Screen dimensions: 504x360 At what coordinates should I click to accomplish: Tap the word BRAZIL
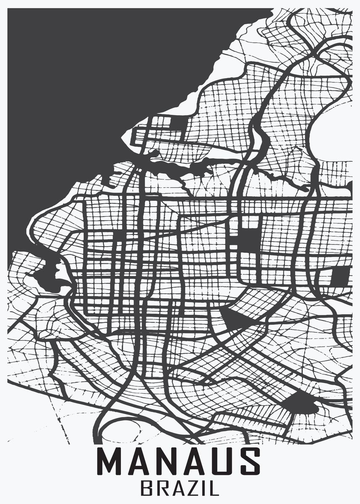tap(180, 488)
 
